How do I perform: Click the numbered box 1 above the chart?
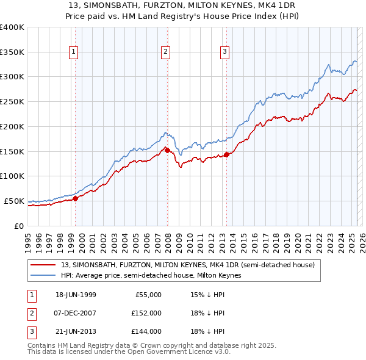coord(73,52)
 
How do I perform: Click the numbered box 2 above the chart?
coord(165,52)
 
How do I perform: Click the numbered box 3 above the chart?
coord(224,52)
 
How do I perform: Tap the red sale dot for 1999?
coord(76,198)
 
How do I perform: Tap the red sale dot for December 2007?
coord(167,150)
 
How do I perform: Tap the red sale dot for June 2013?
coord(226,154)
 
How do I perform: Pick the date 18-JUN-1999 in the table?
coord(76,295)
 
